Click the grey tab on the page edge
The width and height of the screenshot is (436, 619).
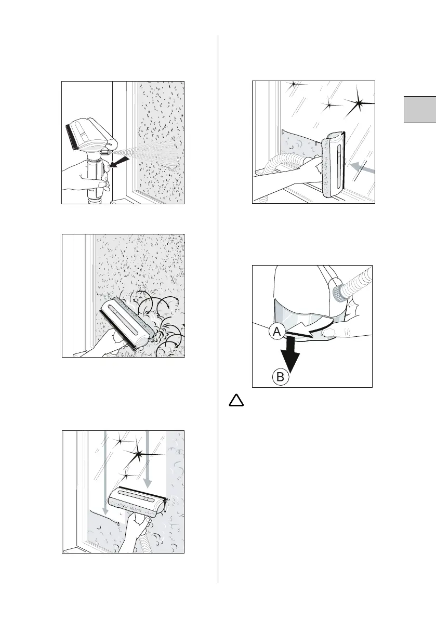pos(420,116)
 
